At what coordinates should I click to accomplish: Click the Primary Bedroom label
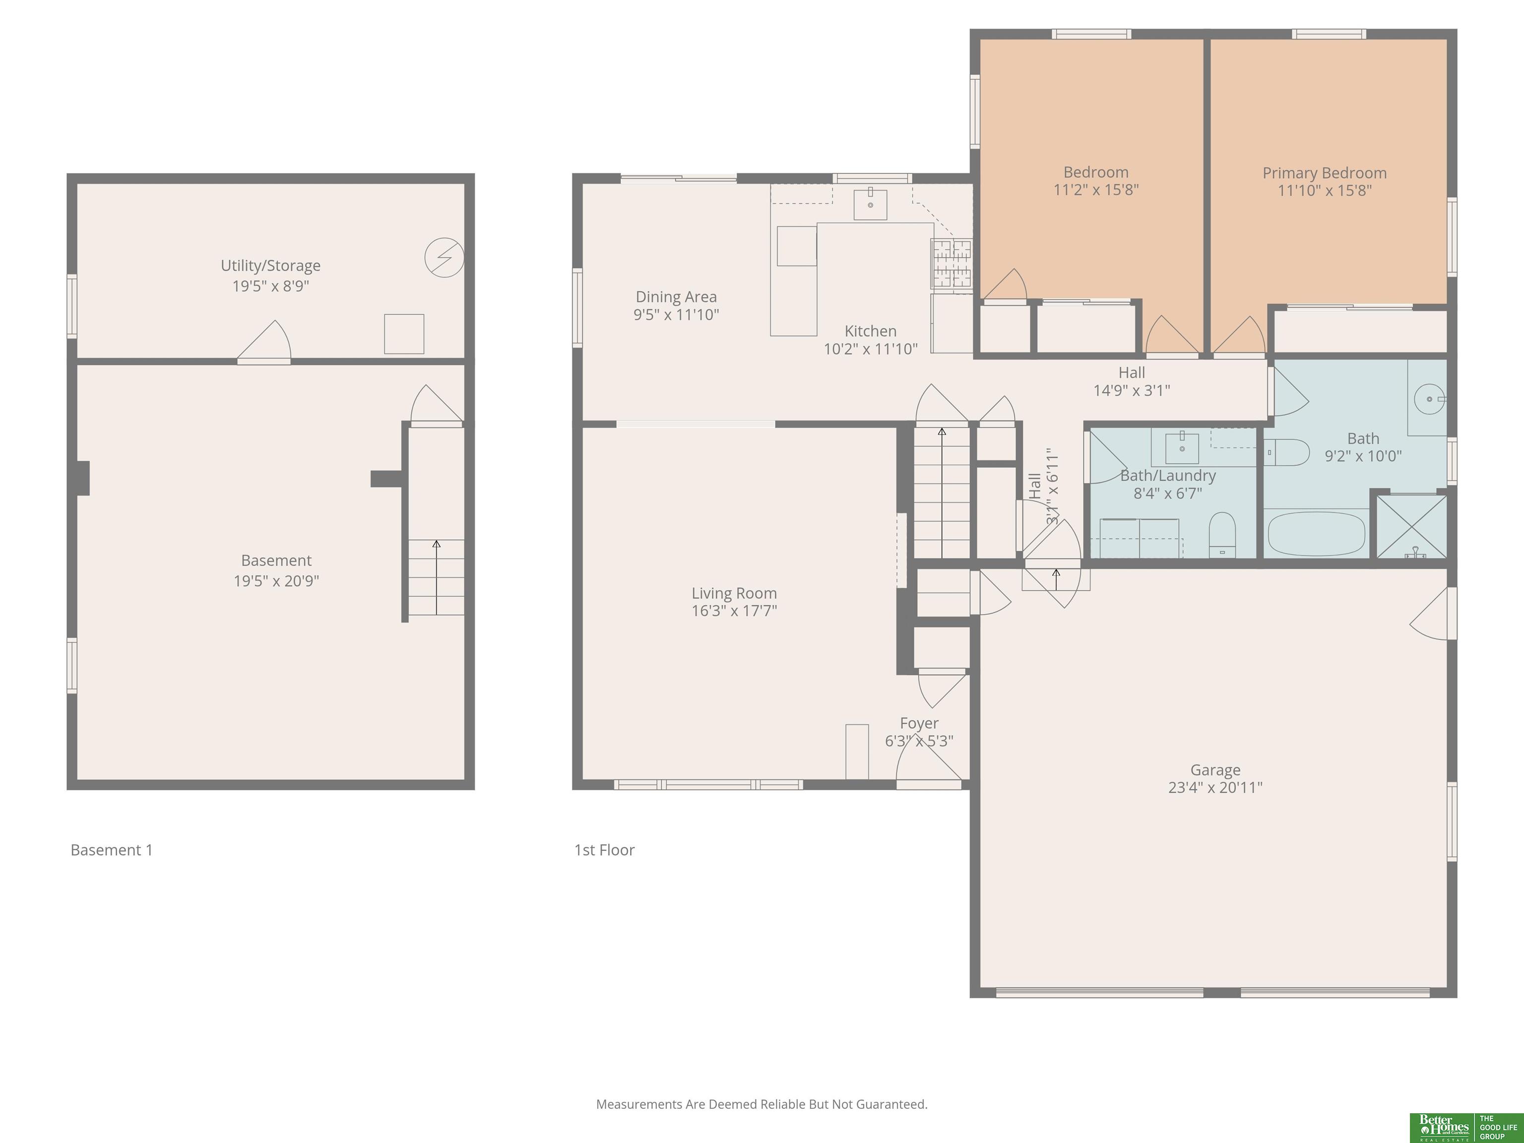[1324, 173]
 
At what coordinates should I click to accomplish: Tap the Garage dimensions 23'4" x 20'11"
[1215, 787]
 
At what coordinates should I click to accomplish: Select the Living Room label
[734, 593]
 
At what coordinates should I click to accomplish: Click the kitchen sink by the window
[870, 204]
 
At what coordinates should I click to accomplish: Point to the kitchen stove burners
[952, 263]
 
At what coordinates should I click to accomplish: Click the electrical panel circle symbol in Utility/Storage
[444, 257]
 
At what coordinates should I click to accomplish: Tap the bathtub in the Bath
[1317, 533]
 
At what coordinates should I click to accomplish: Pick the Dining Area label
[676, 297]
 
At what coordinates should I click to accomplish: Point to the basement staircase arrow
[436, 577]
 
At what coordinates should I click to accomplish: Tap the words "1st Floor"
[604, 850]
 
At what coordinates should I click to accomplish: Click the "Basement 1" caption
[112, 850]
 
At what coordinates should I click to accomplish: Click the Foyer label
[919, 723]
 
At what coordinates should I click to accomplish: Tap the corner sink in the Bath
[1429, 399]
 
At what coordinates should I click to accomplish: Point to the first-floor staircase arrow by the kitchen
[942, 493]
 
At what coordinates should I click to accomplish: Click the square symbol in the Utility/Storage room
[404, 334]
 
